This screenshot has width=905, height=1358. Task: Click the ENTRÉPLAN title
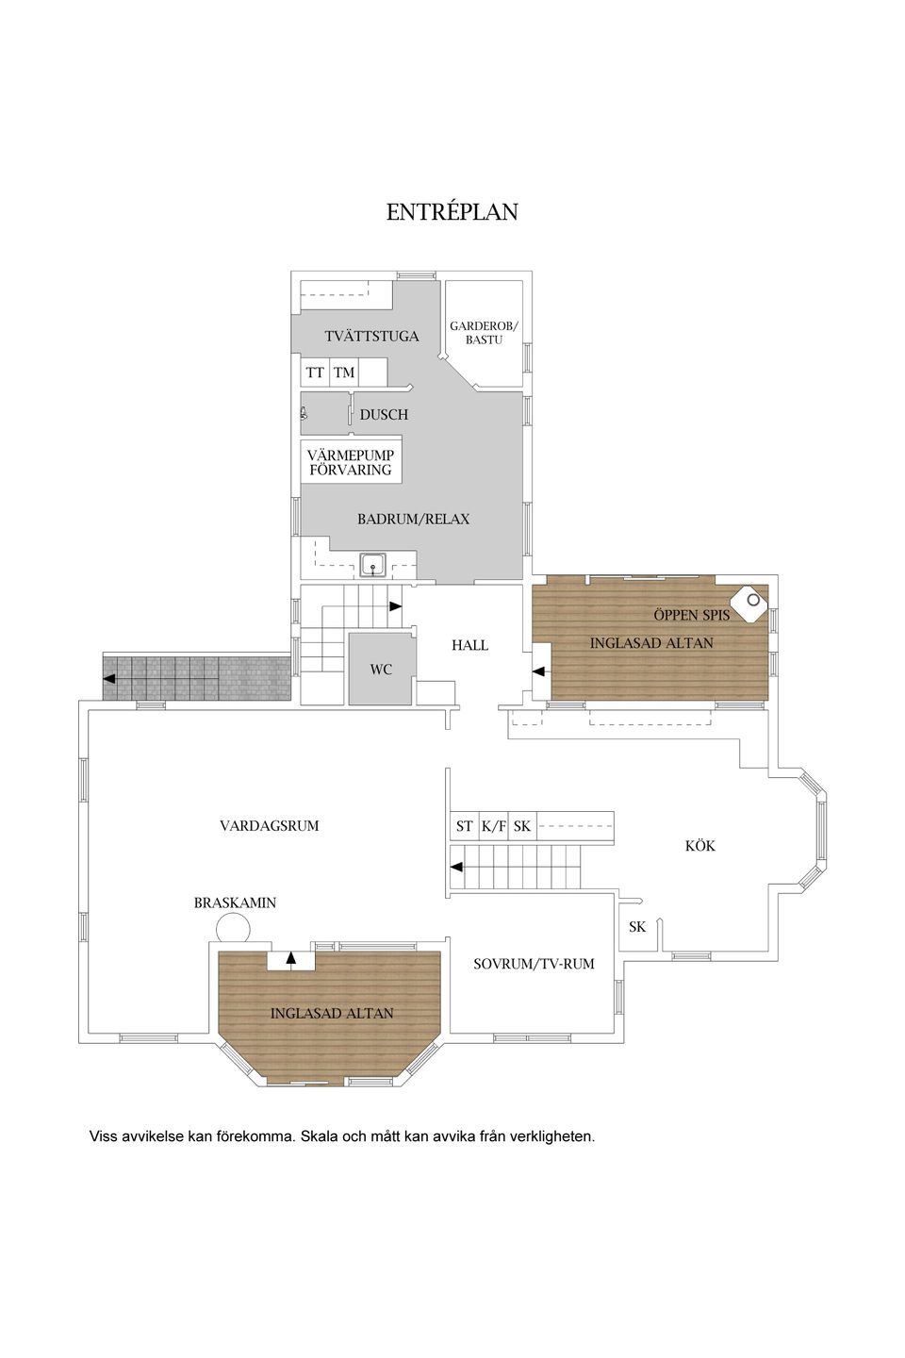click(x=452, y=212)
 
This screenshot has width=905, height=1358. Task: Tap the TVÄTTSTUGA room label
click(x=371, y=336)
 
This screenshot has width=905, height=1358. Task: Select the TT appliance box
click(x=315, y=373)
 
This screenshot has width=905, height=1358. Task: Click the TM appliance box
click(x=344, y=373)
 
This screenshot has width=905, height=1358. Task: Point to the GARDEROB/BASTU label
click(x=484, y=332)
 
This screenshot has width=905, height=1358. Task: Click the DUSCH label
click(x=384, y=414)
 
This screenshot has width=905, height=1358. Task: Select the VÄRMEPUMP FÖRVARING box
click(x=351, y=461)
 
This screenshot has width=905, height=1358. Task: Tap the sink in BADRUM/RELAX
click(x=373, y=566)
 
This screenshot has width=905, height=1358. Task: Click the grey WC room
click(x=381, y=669)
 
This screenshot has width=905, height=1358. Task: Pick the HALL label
click(x=469, y=645)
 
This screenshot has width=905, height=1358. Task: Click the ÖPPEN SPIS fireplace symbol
click(x=751, y=601)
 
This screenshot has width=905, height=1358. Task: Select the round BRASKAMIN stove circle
click(x=231, y=928)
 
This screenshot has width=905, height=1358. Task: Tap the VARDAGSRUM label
click(x=269, y=825)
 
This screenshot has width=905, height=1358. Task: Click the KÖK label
click(x=699, y=846)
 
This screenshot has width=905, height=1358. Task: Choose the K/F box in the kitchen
click(x=494, y=826)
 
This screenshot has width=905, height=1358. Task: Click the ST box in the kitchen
click(x=464, y=826)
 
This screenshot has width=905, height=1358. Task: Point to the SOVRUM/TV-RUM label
click(x=534, y=964)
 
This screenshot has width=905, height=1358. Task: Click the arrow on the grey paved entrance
click(x=111, y=678)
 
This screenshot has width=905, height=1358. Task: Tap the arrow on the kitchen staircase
click(x=456, y=867)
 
